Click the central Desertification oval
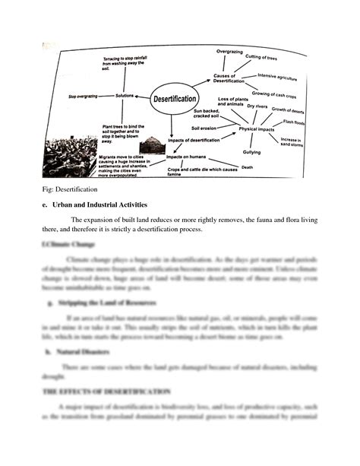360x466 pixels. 175,99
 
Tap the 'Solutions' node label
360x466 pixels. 125,96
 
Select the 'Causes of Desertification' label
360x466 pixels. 228,78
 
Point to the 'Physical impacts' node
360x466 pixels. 257,129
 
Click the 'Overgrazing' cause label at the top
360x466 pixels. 229,50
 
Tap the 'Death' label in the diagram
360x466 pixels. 247,166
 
